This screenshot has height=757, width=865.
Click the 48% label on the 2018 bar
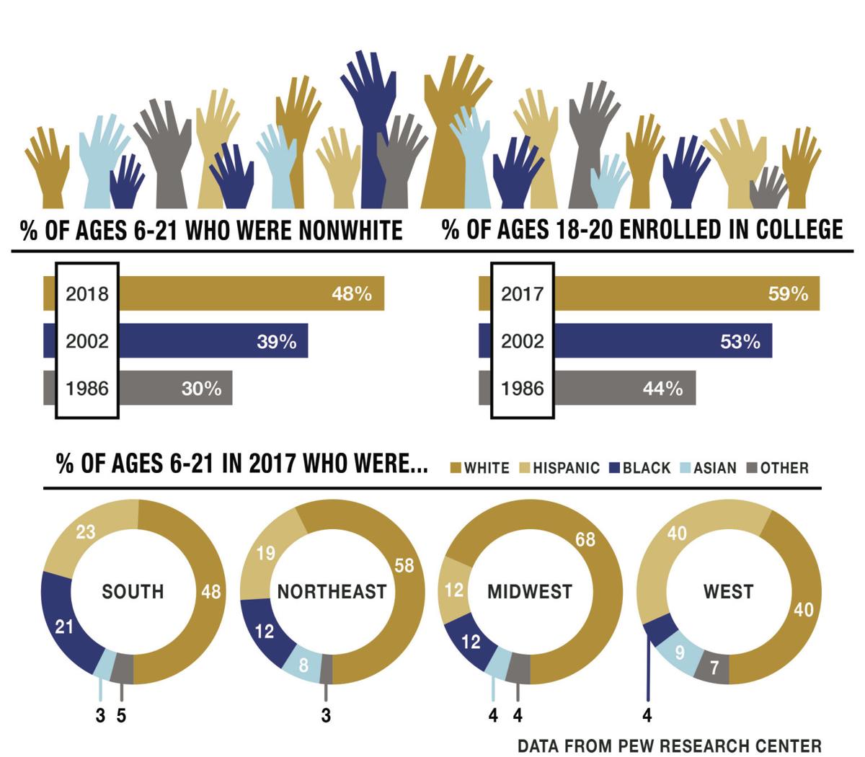click(x=351, y=294)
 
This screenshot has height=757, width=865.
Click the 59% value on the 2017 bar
click(x=787, y=294)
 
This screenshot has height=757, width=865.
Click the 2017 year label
click(x=522, y=294)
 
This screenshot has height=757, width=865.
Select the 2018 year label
click(x=86, y=294)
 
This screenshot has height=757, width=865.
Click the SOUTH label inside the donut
click(x=133, y=592)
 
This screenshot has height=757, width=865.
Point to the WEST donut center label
click(x=728, y=592)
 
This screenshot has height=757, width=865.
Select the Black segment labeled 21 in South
click(x=65, y=626)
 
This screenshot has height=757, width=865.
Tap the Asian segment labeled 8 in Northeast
click(x=303, y=663)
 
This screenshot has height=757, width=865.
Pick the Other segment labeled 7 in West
click(x=714, y=668)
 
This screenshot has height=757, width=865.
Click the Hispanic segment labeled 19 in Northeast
click(x=266, y=554)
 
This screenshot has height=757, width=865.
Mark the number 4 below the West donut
click(x=647, y=716)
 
